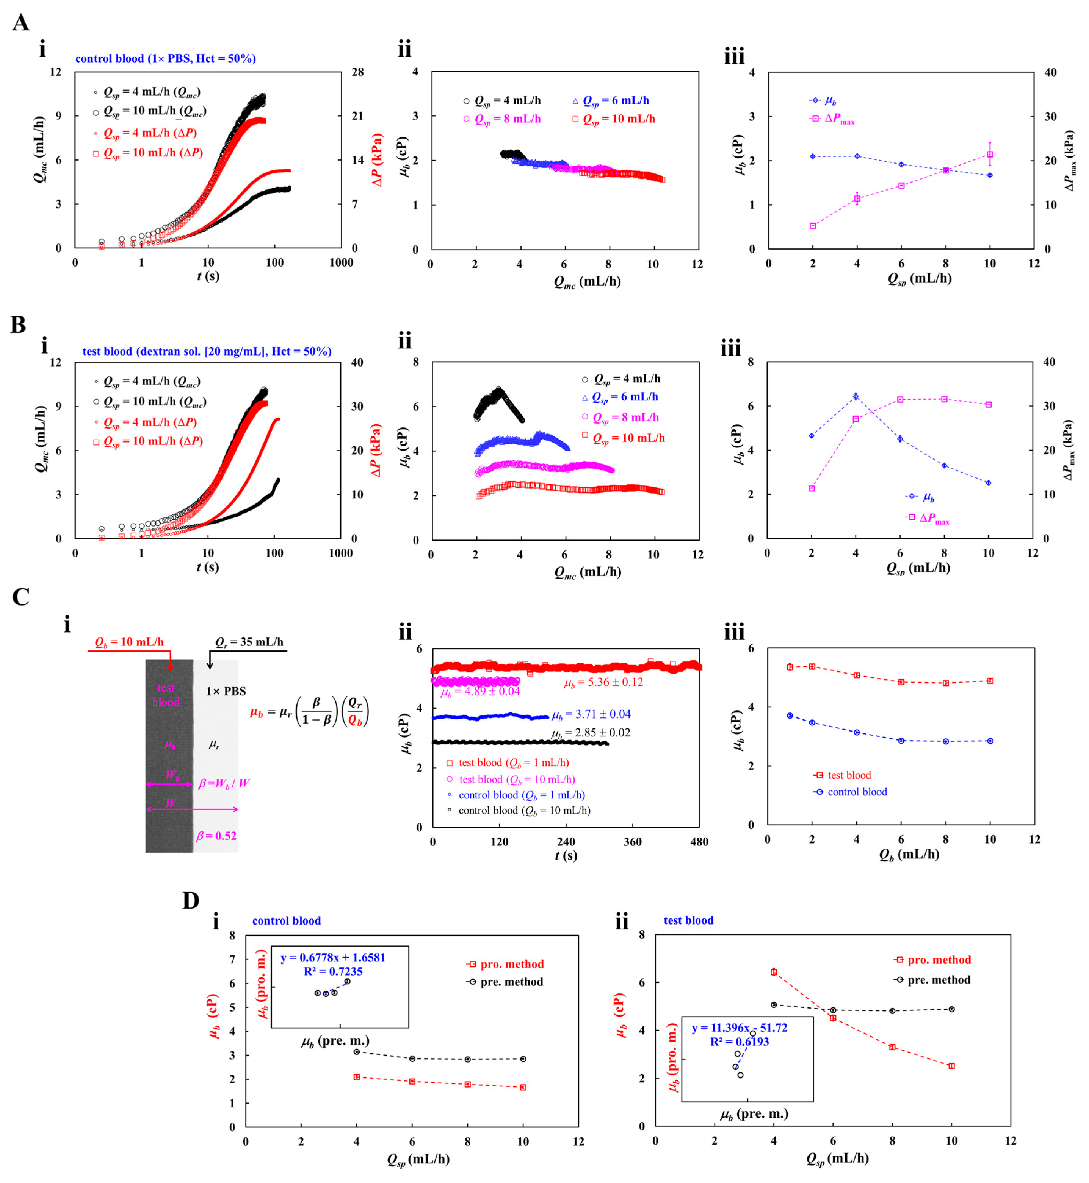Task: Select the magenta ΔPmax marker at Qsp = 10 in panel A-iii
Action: point(990,155)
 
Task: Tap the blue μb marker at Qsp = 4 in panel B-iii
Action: point(856,397)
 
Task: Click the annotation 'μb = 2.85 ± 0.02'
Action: point(591,733)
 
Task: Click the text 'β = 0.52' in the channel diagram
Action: point(216,836)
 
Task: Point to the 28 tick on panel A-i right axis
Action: point(358,72)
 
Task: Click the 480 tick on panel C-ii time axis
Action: point(699,842)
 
